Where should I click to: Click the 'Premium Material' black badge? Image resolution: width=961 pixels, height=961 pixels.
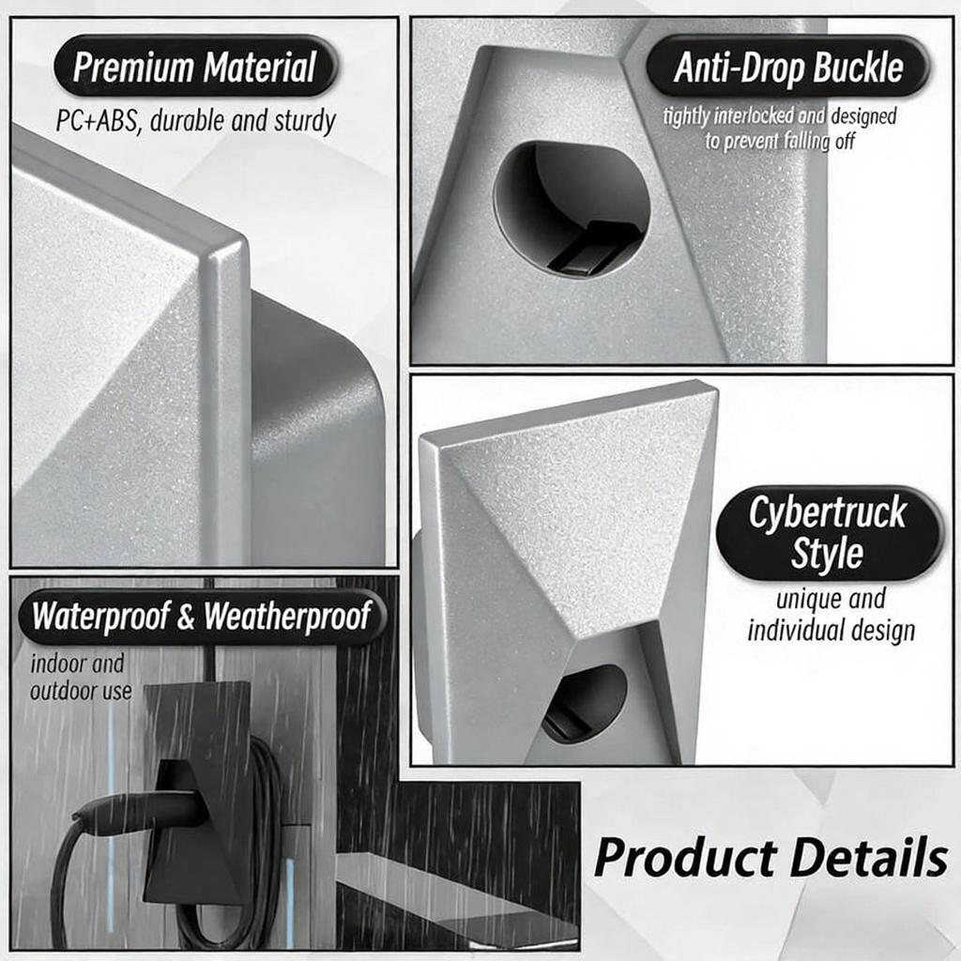pyautogui.click(x=195, y=67)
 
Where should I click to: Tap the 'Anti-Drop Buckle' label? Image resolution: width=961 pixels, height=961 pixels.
pyautogui.click(x=788, y=67)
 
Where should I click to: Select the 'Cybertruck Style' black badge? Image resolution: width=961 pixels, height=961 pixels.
pyautogui.click(x=830, y=533)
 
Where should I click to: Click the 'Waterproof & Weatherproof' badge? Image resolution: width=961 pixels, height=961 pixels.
pyautogui.click(x=202, y=616)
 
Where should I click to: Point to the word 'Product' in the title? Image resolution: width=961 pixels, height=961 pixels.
pyautogui.click(x=686, y=859)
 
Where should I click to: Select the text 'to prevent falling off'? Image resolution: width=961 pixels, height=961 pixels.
pyautogui.click(x=780, y=142)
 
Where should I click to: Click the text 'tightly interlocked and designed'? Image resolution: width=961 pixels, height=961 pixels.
pyautogui.click(x=780, y=115)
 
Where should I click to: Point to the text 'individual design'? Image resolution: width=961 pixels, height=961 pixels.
pyautogui.click(x=831, y=630)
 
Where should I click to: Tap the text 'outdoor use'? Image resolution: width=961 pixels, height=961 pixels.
pyautogui.click(x=81, y=692)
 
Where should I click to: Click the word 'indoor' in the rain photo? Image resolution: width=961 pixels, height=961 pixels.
pyautogui.click(x=60, y=664)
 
